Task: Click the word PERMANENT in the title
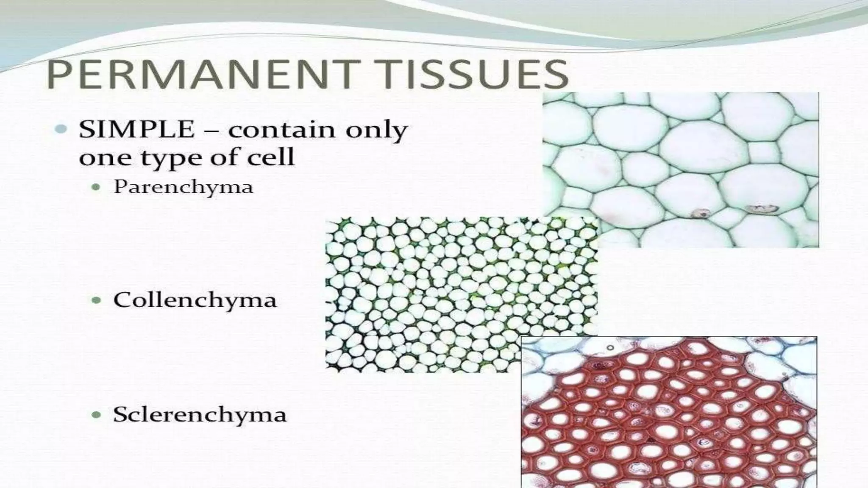coord(198,75)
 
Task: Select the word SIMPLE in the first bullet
coord(136,130)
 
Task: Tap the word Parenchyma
coord(183,187)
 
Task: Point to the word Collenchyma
coord(195,300)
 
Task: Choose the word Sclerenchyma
coord(200,415)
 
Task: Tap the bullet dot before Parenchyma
coord(97,187)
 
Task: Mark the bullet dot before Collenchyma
coord(97,300)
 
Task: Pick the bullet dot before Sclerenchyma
coord(97,415)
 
